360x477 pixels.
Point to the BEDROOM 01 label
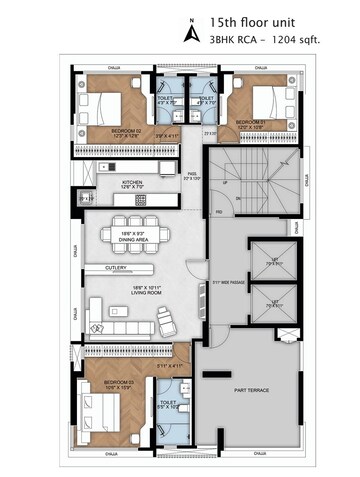point(251,122)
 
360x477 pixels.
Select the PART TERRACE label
point(250,390)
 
